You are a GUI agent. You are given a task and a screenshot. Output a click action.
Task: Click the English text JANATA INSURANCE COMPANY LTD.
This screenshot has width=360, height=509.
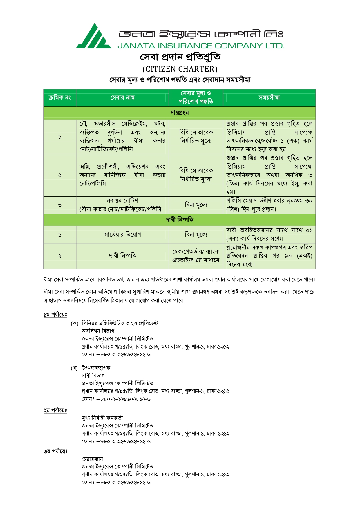point(201,46)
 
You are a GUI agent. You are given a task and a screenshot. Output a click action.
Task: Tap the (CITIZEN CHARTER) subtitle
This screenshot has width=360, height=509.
point(180,69)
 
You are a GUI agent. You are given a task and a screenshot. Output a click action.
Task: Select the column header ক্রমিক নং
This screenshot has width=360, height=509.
point(60,98)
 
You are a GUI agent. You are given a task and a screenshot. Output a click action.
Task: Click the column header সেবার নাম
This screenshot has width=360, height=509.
point(122,98)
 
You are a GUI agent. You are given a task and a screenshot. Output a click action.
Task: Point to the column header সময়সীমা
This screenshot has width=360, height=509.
point(269,98)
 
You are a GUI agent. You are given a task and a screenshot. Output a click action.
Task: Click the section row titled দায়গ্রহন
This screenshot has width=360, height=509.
point(180,113)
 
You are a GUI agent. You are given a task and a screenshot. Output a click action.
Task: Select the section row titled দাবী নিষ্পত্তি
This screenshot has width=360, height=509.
point(180,220)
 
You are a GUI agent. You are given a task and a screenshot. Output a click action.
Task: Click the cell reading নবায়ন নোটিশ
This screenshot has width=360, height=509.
point(122,201)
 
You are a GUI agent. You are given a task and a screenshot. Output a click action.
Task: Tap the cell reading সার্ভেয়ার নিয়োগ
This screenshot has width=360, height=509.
point(122,234)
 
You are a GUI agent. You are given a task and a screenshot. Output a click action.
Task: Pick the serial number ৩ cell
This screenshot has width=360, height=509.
point(60,205)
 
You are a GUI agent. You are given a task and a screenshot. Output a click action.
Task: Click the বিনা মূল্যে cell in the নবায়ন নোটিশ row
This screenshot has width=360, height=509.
point(196,205)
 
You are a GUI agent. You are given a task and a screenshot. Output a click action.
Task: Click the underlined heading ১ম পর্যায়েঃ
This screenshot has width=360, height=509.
point(55,315)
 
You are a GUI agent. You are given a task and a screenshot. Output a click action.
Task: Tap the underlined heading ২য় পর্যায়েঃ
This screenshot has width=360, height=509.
point(55,410)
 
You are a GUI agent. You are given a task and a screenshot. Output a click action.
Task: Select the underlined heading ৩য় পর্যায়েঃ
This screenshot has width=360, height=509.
point(55,451)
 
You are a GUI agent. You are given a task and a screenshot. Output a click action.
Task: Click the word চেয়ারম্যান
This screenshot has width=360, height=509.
point(92,459)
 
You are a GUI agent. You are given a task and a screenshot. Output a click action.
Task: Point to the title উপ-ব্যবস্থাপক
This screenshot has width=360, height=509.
point(96,368)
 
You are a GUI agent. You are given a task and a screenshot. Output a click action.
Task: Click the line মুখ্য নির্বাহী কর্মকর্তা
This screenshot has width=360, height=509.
point(102,418)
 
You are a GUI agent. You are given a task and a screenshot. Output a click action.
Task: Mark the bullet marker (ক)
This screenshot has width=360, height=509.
point(75,323)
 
